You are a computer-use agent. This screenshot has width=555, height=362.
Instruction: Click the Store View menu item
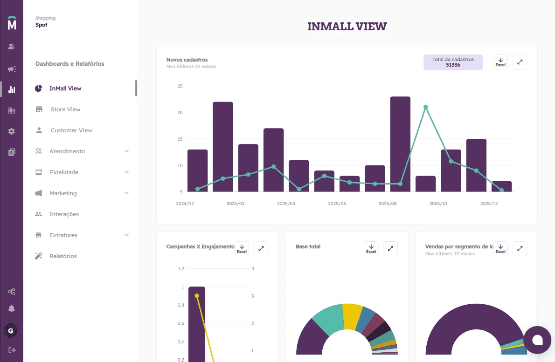click(65, 109)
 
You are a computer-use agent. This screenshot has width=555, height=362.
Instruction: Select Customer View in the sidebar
click(71, 130)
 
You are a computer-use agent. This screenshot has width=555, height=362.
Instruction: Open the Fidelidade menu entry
click(64, 172)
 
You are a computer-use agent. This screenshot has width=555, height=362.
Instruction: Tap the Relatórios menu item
click(62, 256)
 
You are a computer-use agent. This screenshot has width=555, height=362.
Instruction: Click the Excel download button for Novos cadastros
click(500, 62)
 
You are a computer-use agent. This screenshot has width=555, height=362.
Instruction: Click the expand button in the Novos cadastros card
click(520, 62)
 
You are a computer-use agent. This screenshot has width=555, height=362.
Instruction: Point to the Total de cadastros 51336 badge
click(453, 62)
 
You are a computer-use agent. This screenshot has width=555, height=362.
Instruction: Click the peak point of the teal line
click(425, 107)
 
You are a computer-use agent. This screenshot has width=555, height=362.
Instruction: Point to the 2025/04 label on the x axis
click(286, 204)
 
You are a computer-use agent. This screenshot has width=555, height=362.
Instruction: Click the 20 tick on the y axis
click(180, 113)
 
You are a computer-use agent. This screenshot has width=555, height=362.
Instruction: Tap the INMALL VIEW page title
click(347, 27)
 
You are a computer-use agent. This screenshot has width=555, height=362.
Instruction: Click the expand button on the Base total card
click(390, 249)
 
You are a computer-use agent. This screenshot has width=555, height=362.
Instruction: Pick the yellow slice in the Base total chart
click(352, 316)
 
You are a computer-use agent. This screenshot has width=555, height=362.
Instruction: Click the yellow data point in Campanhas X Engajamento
click(197, 296)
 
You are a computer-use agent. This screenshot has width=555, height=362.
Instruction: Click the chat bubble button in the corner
click(537, 340)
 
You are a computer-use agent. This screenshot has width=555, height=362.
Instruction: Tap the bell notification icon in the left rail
click(12, 308)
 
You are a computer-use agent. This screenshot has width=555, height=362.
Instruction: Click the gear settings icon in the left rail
click(12, 131)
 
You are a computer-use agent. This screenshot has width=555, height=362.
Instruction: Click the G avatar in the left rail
click(11, 331)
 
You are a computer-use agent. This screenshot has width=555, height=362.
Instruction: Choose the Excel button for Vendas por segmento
click(500, 249)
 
